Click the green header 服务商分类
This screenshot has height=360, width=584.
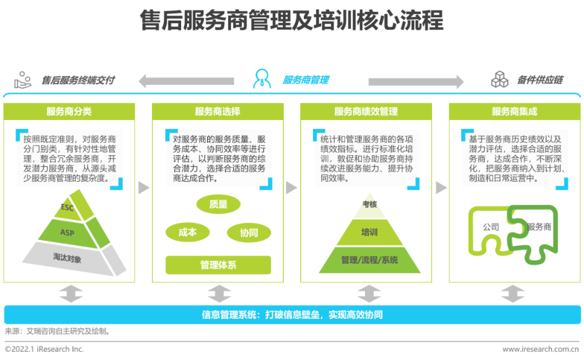[x=69, y=112]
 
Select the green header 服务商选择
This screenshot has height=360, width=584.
[x=217, y=112]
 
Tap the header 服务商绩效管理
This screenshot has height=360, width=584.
[x=366, y=112]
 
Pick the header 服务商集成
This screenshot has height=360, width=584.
[x=514, y=112]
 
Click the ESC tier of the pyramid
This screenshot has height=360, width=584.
[x=68, y=208]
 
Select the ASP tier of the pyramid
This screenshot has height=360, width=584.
[x=67, y=232]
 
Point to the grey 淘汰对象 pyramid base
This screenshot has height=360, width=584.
[x=67, y=258]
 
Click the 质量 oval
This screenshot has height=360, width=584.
[x=218, y=204]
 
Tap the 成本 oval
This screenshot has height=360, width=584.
[x=188, y=232]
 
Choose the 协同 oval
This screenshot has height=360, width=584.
[x=249, y=233]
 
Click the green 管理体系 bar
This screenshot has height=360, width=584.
[x=218, y=265]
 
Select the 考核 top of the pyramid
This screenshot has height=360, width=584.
[x=369, y=204]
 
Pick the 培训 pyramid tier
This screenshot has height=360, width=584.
[x=369, y=232]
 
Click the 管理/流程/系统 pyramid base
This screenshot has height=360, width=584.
[x=369, y=260]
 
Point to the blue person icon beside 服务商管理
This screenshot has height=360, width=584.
[x=262, y=79]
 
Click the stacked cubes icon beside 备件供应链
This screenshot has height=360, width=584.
[x=499, y=79]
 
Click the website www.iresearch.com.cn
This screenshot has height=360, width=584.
[x=540, y=349]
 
